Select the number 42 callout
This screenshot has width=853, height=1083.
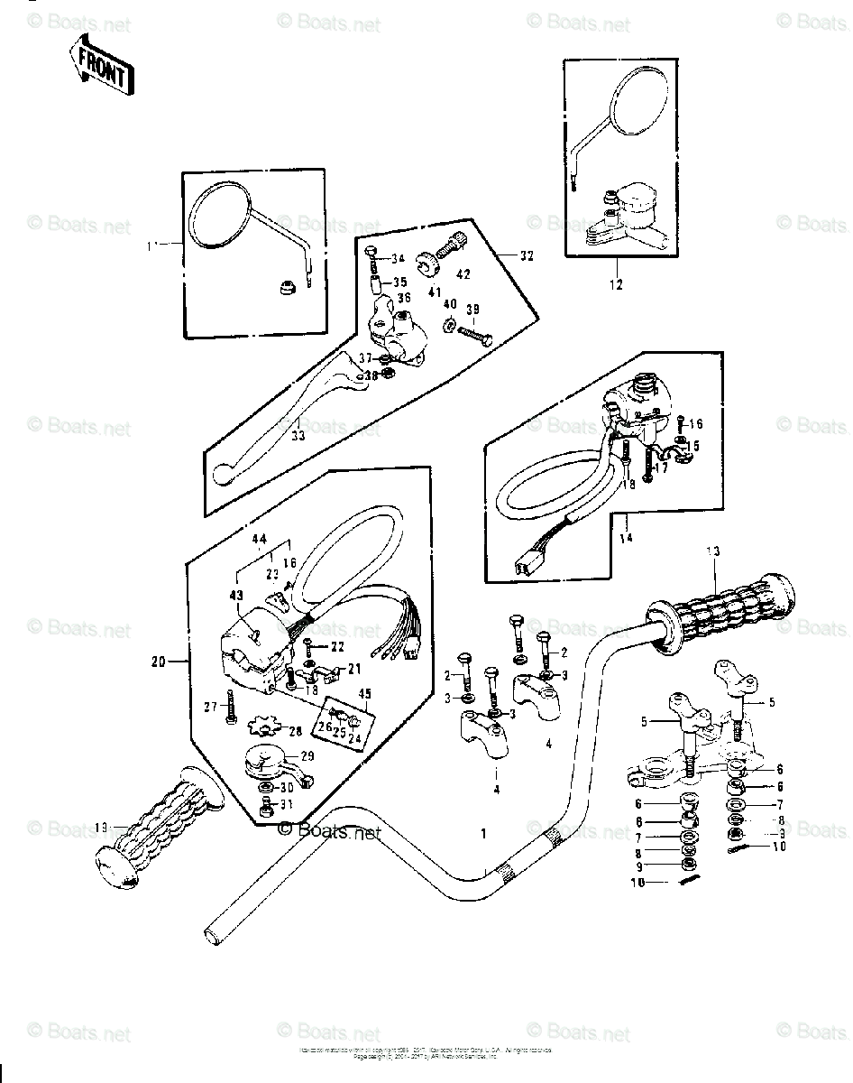463,274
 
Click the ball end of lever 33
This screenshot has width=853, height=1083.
223,474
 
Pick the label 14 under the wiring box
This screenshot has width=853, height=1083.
625,538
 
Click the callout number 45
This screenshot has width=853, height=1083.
340,694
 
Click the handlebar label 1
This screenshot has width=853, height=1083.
482,834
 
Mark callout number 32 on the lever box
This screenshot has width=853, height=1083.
527,255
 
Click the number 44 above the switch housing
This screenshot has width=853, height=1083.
260,539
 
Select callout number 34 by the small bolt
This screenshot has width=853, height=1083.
398,261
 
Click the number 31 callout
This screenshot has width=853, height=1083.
287,804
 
